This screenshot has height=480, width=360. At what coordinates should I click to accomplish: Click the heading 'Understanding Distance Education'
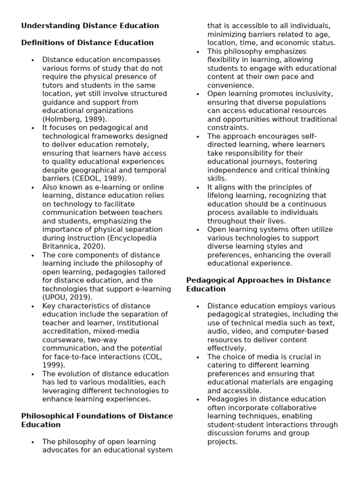click(x=90, y=26)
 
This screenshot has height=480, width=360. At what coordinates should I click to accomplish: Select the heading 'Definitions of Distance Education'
click(x=87, y=43)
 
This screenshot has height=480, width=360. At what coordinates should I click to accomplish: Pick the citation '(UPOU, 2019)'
click(x=67, y=298)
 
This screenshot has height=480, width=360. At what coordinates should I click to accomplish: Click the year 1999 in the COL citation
click(x=53, y=365)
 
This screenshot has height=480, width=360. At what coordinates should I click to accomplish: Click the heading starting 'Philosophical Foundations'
click(x=97, y=416)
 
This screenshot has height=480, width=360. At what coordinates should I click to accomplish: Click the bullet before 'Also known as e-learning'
click(x=33, y=187)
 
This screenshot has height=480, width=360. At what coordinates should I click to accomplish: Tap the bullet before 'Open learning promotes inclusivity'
click(x=198, y=94)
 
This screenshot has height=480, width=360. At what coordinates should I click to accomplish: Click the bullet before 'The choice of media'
click(x=198, y=357)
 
